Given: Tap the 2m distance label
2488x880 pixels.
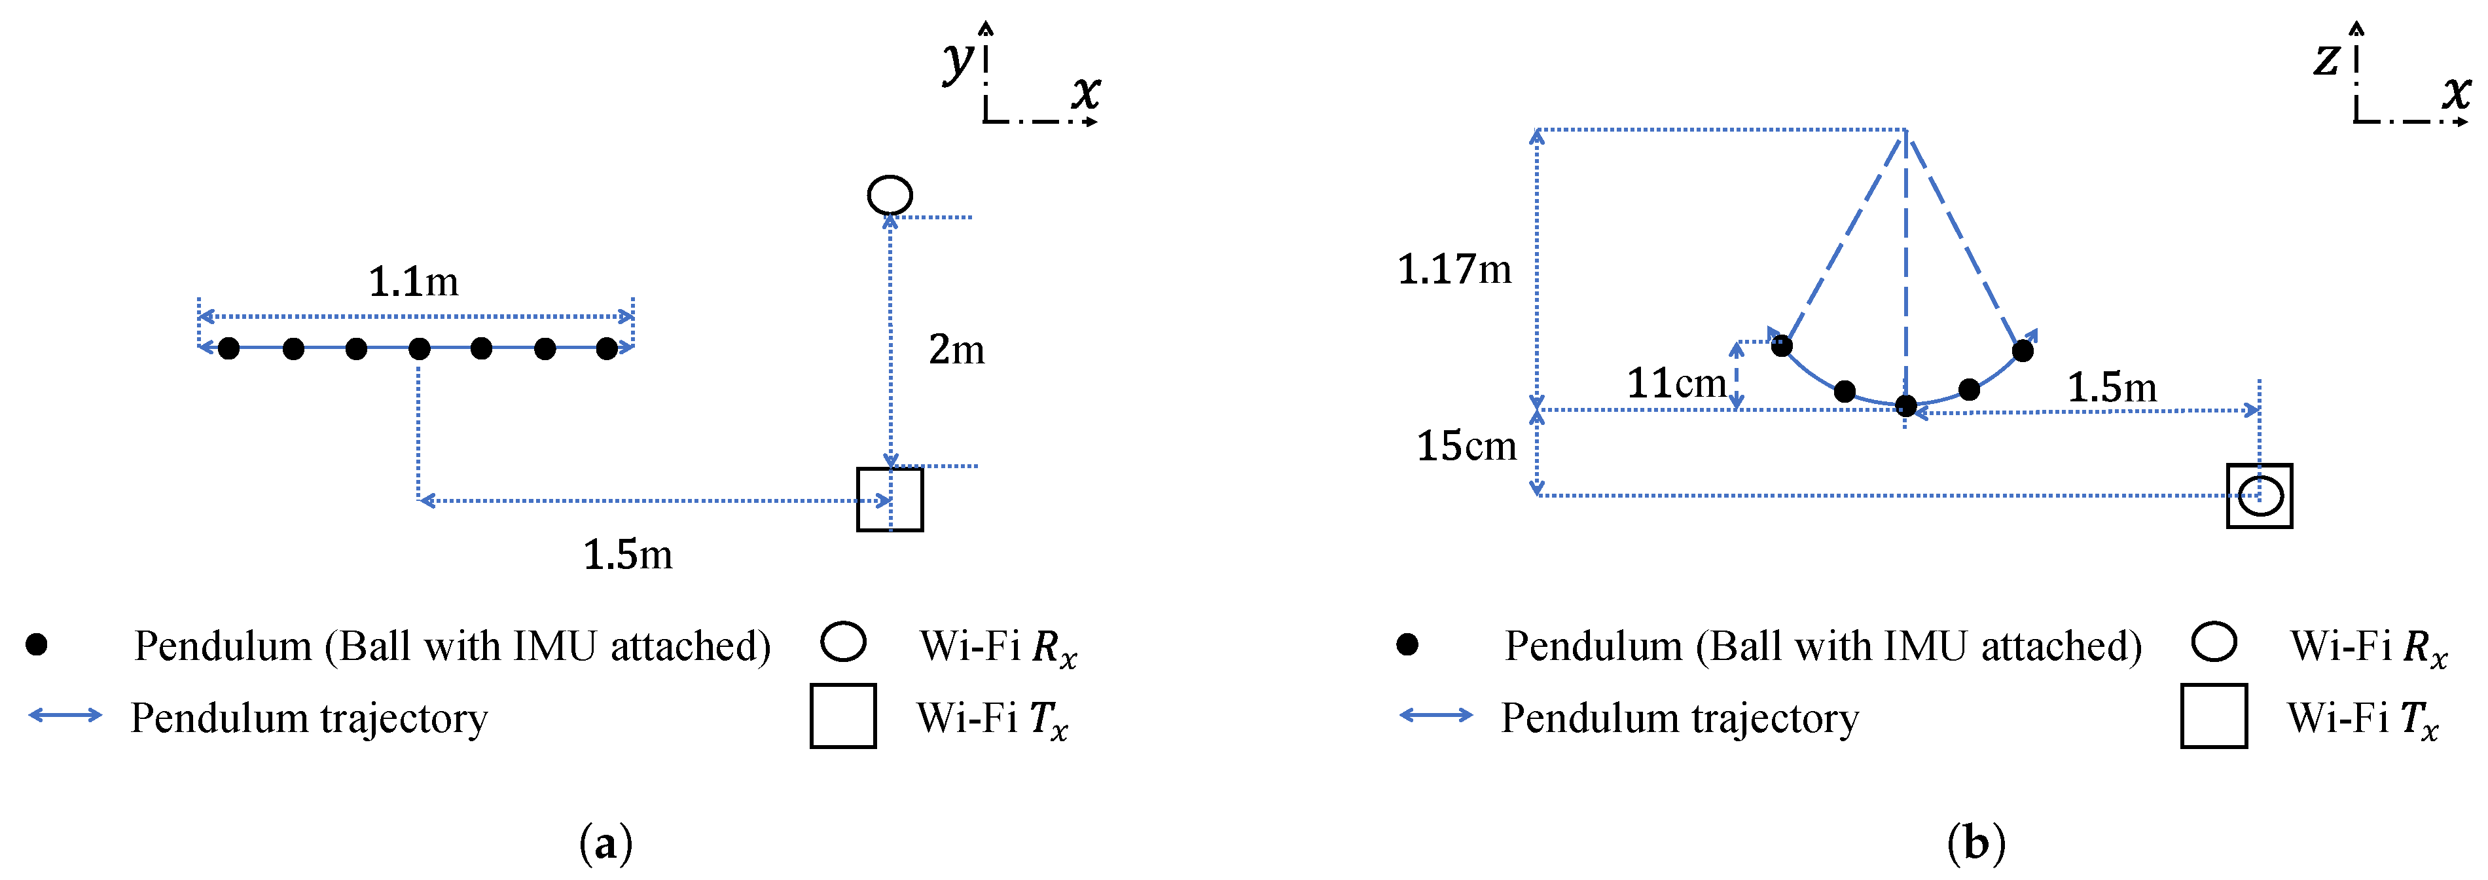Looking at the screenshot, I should pos(956,350).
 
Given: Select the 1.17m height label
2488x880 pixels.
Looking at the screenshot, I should pos(1454,270).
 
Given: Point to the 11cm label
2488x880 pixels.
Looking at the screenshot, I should pos(1676,384).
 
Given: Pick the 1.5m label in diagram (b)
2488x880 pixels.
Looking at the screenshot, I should pos(2112,388).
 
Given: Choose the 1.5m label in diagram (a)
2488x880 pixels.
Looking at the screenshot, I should pos(628,555).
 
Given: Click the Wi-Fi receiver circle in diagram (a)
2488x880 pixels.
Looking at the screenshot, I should pos(890,195).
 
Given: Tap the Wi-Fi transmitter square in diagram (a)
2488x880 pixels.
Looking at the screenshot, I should pos(890,500).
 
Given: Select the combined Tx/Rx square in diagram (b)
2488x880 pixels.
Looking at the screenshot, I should pos(2259,496).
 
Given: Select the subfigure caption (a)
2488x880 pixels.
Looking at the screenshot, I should pos(605,843).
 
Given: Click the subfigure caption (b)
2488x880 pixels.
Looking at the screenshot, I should pos(1976,843).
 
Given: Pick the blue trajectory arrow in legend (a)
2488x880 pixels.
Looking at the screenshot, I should pos(65,715).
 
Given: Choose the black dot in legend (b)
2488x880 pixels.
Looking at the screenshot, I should pos(1407,644).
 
